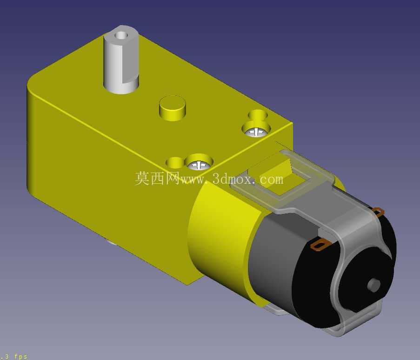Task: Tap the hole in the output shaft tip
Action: (x=121, y=35)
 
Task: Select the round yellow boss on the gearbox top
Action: (x=173, y=108)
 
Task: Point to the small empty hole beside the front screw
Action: (x=174, y=162)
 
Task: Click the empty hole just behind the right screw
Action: (x=258, y=114)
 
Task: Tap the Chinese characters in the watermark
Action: (x=157, y=178)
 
